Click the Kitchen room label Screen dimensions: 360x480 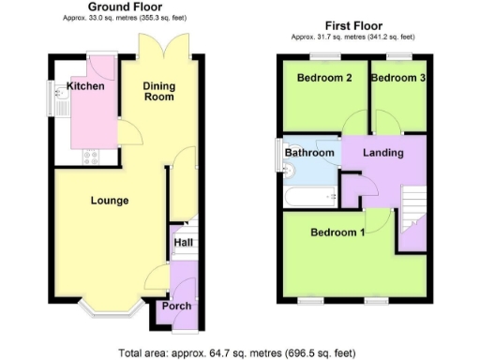point(84,87)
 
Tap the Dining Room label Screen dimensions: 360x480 point(159,93)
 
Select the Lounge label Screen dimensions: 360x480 point(110,200)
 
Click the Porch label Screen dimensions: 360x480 point(177,307)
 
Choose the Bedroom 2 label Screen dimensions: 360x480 point(324,78)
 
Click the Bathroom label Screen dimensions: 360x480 point(309,153)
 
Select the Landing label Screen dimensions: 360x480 point(383,153)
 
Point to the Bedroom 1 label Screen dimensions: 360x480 point(338,232)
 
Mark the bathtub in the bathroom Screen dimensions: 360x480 point(310,196)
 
